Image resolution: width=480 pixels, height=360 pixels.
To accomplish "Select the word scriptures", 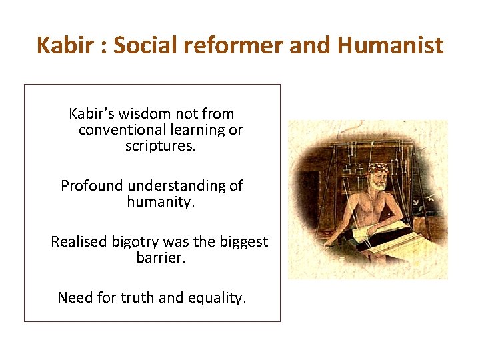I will tap(160, 146).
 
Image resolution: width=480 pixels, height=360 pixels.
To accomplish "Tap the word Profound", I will tap(92, 186).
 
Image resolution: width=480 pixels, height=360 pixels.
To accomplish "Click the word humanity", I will tap(161, 202).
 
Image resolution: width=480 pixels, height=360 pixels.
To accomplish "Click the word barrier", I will tap(161, 258).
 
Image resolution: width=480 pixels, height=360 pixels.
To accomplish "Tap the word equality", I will tap(216, 298).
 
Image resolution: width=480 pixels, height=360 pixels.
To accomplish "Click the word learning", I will tap(200, 130).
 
